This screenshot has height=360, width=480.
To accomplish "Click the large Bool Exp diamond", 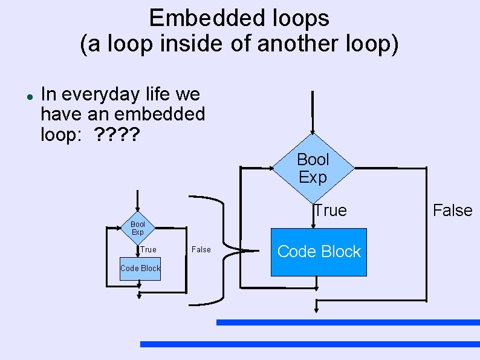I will click(313, 168).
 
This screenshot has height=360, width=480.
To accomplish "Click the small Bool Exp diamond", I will click(138, 228).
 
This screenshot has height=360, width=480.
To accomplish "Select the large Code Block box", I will click(319, 252).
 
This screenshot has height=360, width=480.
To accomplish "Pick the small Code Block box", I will click(140, 268).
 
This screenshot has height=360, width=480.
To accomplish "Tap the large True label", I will click(330, 211).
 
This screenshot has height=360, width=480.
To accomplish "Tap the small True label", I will click(148, 249).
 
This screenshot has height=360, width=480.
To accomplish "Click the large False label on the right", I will click(452, 211).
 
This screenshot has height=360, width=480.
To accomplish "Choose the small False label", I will click(201, 249).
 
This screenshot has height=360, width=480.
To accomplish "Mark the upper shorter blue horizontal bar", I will click(348, 322).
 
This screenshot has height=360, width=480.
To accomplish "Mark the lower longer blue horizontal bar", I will click(310, 344).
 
